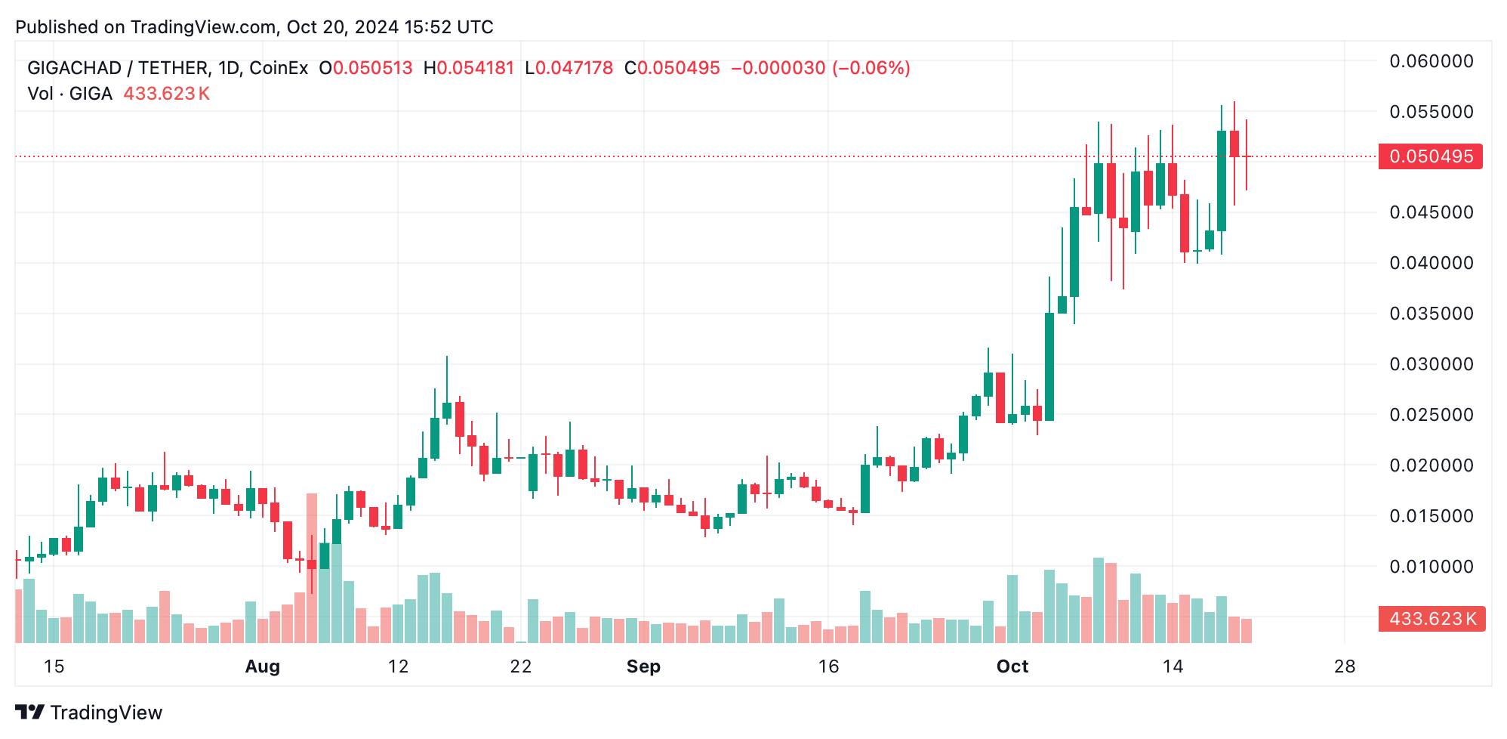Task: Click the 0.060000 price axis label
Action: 1431,61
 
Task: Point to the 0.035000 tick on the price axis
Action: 1431,314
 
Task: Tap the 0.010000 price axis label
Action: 1431,567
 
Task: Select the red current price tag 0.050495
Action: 1430,156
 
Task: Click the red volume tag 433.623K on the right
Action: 1431,619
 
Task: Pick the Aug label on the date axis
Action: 263,666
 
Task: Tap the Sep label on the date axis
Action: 643,666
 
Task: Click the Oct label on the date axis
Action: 1012,666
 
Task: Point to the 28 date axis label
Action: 1345,666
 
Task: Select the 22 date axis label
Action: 521,666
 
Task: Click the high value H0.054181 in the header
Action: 469,68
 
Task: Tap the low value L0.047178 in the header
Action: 569,68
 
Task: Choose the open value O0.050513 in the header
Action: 366,68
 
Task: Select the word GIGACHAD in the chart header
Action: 74,68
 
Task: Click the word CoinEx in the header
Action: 279,68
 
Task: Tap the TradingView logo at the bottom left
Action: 89,713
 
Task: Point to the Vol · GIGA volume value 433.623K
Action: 166,94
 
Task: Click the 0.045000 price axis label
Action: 1431,212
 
